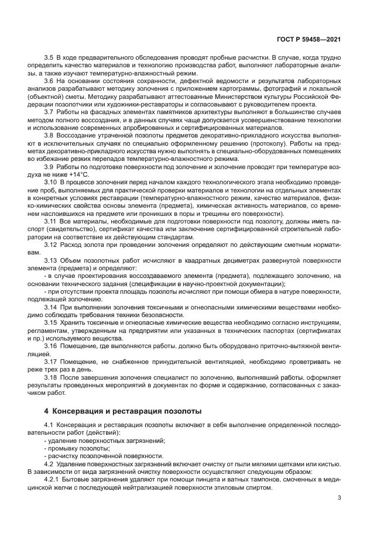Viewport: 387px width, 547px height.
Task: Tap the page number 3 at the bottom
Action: pyautogui.click(x=340, y=498)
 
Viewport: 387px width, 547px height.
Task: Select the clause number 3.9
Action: pyautogui.click(x=49, y=167)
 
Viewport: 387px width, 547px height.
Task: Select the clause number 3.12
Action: pyautogui.click(x=51, y=245)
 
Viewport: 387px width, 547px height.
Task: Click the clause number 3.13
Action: pyautogui.click(x=51, y=260)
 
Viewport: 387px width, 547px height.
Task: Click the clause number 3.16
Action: pyautogui.click(x=51, y=345)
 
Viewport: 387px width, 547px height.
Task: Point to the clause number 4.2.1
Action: pyautogui.click(x=53, y=479)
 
